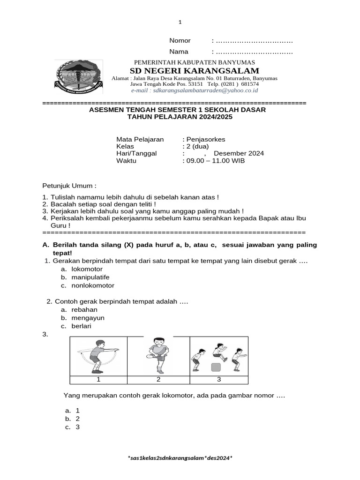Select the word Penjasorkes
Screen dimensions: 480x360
pos(205,139)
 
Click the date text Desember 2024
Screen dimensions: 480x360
pos(239,153)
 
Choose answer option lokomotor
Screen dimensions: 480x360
pos(87,269)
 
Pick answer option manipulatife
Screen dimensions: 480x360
pos(90,277)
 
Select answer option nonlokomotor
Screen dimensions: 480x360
pos(93,285)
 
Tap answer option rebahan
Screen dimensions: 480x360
pos(84,310)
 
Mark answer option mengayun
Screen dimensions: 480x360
pos(88,318)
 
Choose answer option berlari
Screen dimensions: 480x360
pos(82,326)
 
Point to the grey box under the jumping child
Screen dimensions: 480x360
pos(216,367)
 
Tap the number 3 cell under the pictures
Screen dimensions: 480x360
pos(219,379)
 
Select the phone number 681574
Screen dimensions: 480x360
pos(250,84)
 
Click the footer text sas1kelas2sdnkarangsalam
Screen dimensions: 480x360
pos(180,457)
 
